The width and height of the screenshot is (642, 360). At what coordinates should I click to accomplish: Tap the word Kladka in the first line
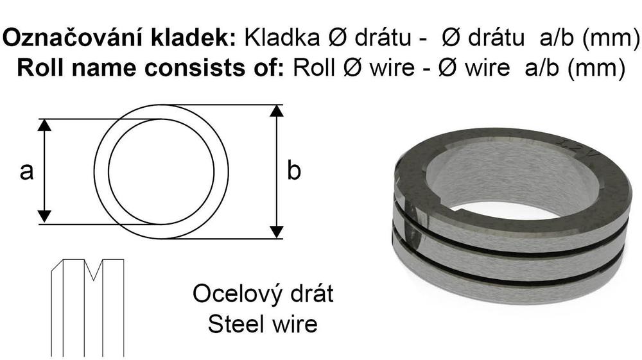282,38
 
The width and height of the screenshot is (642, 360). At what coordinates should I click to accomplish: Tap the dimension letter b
293,169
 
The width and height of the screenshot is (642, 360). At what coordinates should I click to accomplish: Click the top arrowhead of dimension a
44,124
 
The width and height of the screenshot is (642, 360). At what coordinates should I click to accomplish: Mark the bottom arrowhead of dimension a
44,217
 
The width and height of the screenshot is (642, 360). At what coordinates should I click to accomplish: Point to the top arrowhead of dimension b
277,110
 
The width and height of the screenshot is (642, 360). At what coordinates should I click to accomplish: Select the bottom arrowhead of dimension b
277,232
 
